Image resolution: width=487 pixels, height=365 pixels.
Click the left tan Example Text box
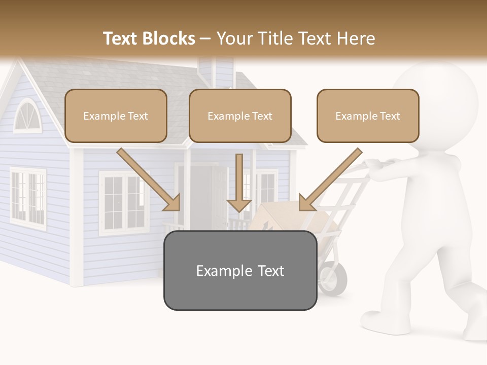[x=116, y=116]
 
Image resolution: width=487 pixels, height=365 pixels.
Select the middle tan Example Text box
[x=240, y=116]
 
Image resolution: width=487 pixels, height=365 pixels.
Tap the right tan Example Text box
[x=368, y=116]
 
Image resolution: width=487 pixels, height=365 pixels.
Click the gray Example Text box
[x=240, y=270]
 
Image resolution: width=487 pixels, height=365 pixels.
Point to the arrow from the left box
[x=150, y=180]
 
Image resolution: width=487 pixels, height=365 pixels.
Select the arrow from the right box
[x=330, y=180]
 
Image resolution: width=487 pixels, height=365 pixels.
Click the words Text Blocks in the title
[x=149, y=39]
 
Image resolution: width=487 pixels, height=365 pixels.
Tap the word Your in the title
[x=234, y=39]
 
